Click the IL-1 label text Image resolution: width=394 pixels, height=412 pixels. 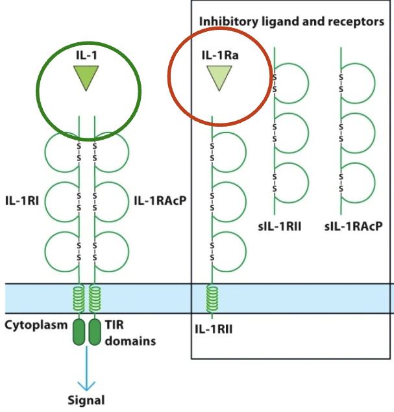coord(86,55)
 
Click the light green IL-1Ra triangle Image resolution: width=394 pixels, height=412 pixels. coord(219,79)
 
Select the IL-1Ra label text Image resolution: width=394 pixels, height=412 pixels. coord(219,55)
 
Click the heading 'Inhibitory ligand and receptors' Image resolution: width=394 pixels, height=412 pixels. coord(291,21)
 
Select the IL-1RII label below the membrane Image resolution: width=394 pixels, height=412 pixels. coord(214,329)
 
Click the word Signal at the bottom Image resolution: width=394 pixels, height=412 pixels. coord(86,400)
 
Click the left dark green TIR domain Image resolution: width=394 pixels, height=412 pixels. coord(79,331)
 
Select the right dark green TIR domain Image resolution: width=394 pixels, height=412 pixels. coord(95,331)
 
